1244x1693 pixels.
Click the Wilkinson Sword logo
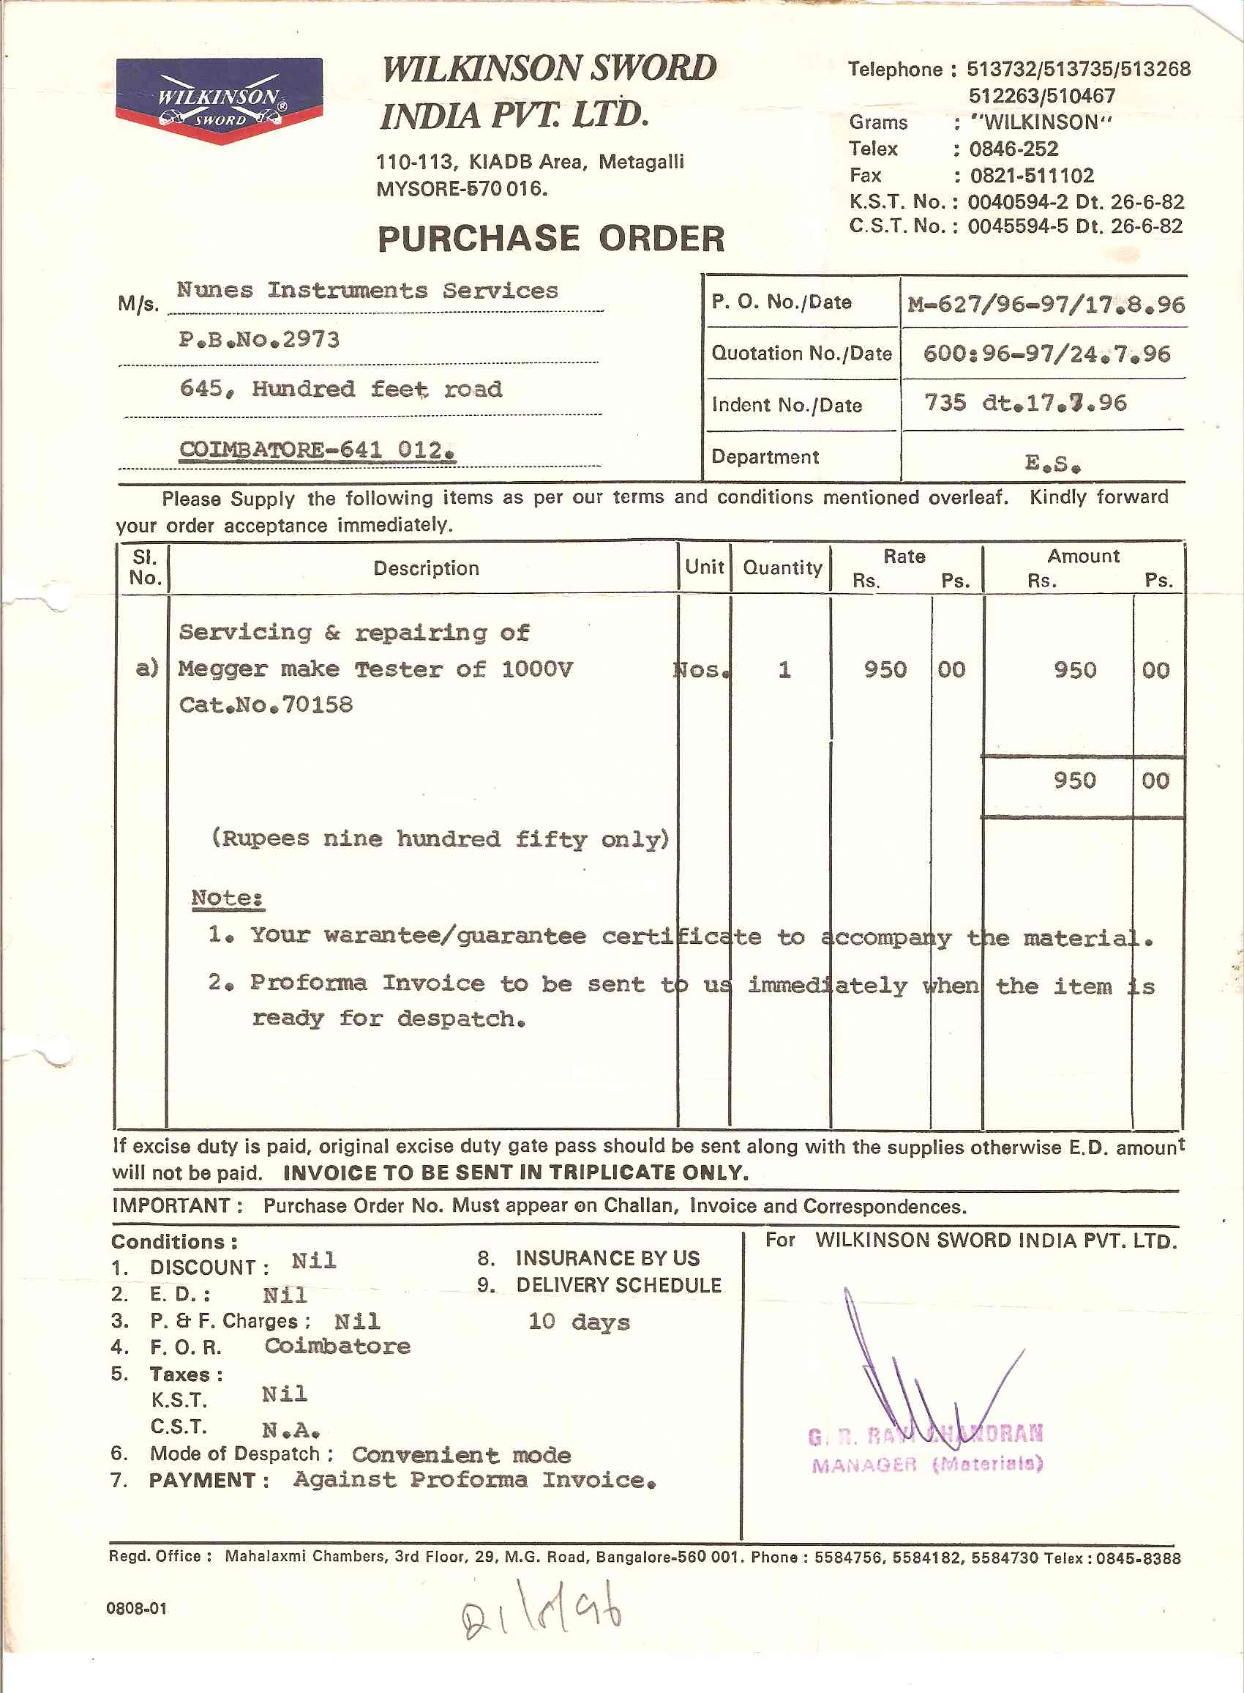coord(219,100)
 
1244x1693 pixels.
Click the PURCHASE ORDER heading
coord(550,239)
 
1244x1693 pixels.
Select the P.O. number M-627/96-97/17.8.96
coord(1045,305)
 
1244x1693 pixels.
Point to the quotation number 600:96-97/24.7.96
coord(1046,354)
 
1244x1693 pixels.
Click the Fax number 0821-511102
coord(1031,176)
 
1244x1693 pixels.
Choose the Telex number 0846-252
coord(1013,149)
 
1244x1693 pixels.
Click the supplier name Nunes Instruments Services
coord(367,290)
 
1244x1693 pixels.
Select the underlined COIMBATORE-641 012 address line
coord(317,450)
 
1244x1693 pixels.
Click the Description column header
coord(426,568)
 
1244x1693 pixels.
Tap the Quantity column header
coord(782,568)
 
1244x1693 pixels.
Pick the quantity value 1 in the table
coord(784,669)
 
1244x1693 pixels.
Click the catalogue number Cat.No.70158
coord(266,704)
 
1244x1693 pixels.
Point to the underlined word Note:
coord(227,897)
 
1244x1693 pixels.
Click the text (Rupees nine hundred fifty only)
coord(441,838)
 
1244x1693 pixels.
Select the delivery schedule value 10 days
coord(578,1322)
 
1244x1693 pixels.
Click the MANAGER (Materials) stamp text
coord(927,1464)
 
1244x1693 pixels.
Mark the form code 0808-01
coord(136,1608)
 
